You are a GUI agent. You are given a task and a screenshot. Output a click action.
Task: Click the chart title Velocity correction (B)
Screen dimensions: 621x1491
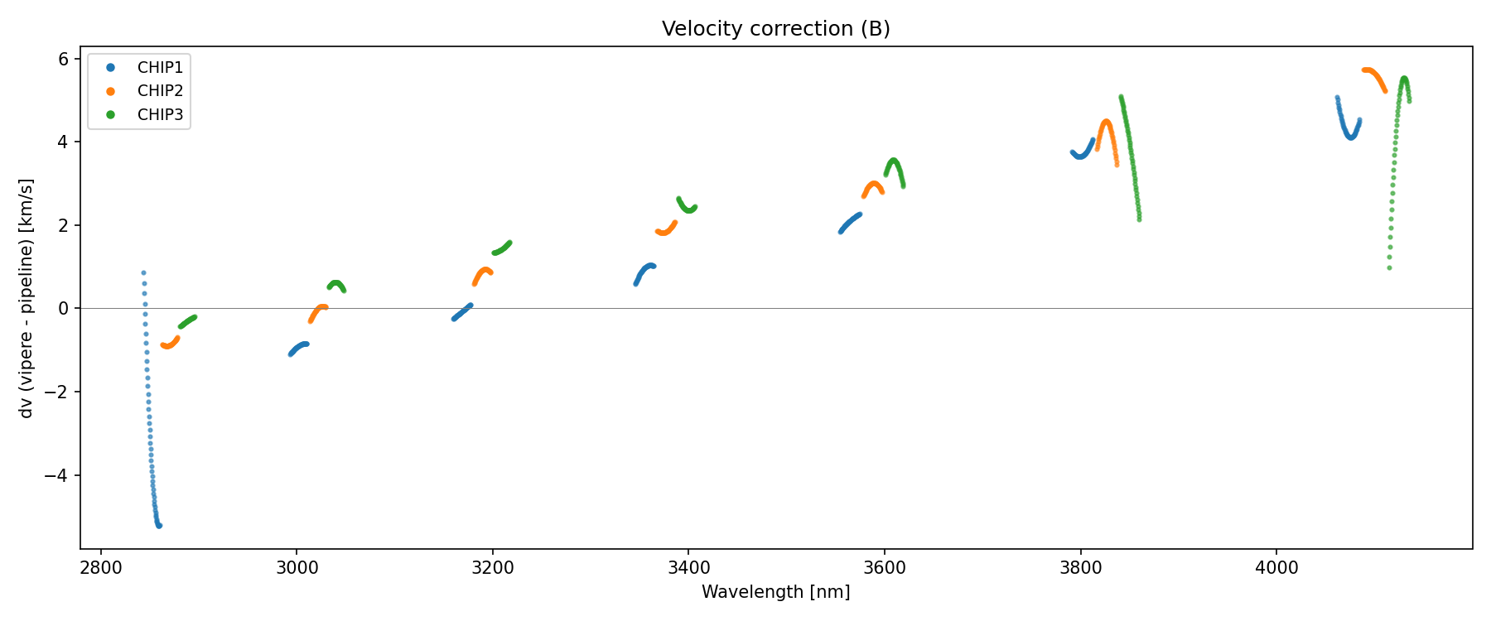click(775, 29)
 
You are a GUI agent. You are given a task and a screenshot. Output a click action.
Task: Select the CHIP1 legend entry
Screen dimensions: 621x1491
click(160, 68)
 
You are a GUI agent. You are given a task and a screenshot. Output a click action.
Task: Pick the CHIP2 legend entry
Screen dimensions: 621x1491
click(160, 91)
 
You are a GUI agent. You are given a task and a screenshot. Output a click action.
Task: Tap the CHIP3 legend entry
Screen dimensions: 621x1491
click(160, 115)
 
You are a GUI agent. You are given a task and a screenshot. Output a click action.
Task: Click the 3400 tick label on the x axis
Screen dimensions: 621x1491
click(688, 567)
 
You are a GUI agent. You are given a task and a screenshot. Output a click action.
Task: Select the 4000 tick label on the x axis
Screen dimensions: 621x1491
click(1276, 567)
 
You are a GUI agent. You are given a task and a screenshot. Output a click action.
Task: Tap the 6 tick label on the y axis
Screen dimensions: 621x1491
click(62, 59)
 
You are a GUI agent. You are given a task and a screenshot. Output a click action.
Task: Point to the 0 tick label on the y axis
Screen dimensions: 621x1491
click(62, 309)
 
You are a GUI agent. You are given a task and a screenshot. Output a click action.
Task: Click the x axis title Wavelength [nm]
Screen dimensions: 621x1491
click(775, 592)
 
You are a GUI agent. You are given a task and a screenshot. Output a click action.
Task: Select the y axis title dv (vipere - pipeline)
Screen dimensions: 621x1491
click(27, 298)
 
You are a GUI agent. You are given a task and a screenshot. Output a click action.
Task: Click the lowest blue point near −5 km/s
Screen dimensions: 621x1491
click(159, 526)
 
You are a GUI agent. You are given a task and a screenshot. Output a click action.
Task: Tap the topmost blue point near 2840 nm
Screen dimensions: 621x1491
click(143, 272)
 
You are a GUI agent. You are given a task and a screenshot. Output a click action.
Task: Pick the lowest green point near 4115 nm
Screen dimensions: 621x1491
click(1389, 267)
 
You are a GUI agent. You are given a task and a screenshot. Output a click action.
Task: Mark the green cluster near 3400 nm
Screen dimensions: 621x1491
click(686, 205)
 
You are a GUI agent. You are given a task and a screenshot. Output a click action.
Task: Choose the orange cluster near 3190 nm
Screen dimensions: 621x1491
click(483, 273)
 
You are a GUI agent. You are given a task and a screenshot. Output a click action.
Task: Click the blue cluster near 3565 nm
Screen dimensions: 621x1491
click(850, 223)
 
